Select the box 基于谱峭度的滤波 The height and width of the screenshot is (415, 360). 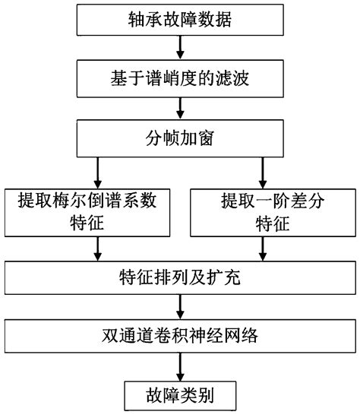(x=179, y=78)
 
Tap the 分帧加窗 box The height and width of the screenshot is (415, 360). (x=179, y=138)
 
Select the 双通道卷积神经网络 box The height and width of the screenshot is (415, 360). (x=179, y=334)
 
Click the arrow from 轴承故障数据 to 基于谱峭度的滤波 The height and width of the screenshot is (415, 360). (x=179, y=49)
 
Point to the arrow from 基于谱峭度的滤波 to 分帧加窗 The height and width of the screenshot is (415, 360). (x=179, y=108)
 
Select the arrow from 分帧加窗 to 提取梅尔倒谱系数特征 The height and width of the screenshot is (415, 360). (x=97, y=172)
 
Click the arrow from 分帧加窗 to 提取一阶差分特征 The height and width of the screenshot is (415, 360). (x=263, y=172)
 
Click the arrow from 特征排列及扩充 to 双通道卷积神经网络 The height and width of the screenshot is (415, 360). (x=179, y=306)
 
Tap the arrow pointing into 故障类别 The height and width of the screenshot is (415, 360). (x=179, y=364)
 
